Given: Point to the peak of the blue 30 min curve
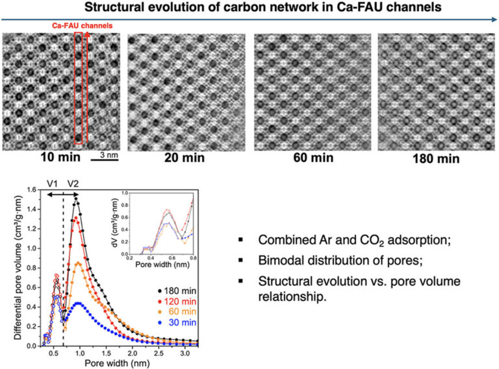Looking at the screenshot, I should pos(78,303).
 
